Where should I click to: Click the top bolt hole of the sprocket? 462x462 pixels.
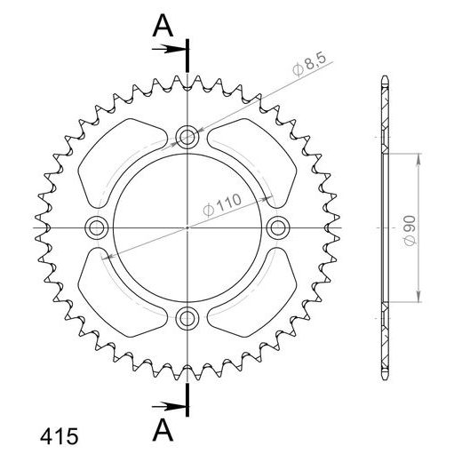click(187, 137)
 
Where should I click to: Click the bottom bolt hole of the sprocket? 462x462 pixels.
click(187, 318)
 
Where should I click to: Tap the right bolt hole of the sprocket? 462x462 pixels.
click(278, 227)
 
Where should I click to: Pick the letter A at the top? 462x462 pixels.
click(161, 27)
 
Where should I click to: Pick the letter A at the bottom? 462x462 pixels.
click(161, 431)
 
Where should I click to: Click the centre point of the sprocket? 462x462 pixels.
click(187, 227)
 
